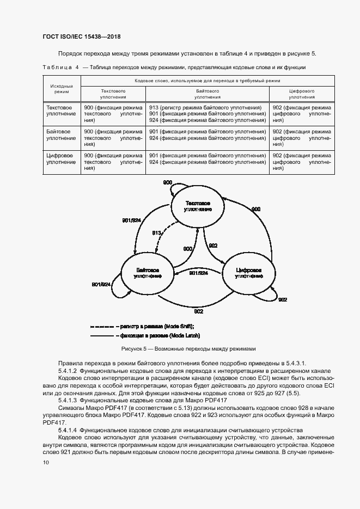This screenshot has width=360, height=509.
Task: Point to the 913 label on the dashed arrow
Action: click(x=157, y=232)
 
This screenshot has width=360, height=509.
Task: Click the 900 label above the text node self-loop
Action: click(x=168, y=182)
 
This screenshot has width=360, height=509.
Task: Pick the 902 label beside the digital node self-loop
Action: click(x=283, y=299)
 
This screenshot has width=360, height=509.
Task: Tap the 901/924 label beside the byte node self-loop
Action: click(x=101, y=285)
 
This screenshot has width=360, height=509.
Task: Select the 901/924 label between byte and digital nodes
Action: click(x=198, y=273)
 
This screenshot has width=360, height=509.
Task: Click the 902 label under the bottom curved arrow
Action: click(x=198, y=311)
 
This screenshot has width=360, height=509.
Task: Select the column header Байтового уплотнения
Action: click(x=207, y=94)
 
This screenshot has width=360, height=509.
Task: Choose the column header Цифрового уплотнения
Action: click(x=302, y=94)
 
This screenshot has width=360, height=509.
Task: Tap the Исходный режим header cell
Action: click(x=62, y=89)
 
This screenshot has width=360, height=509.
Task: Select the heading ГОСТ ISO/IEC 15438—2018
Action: click(x=81, y=36)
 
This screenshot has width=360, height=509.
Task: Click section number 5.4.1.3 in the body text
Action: click(x=69, y=400)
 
